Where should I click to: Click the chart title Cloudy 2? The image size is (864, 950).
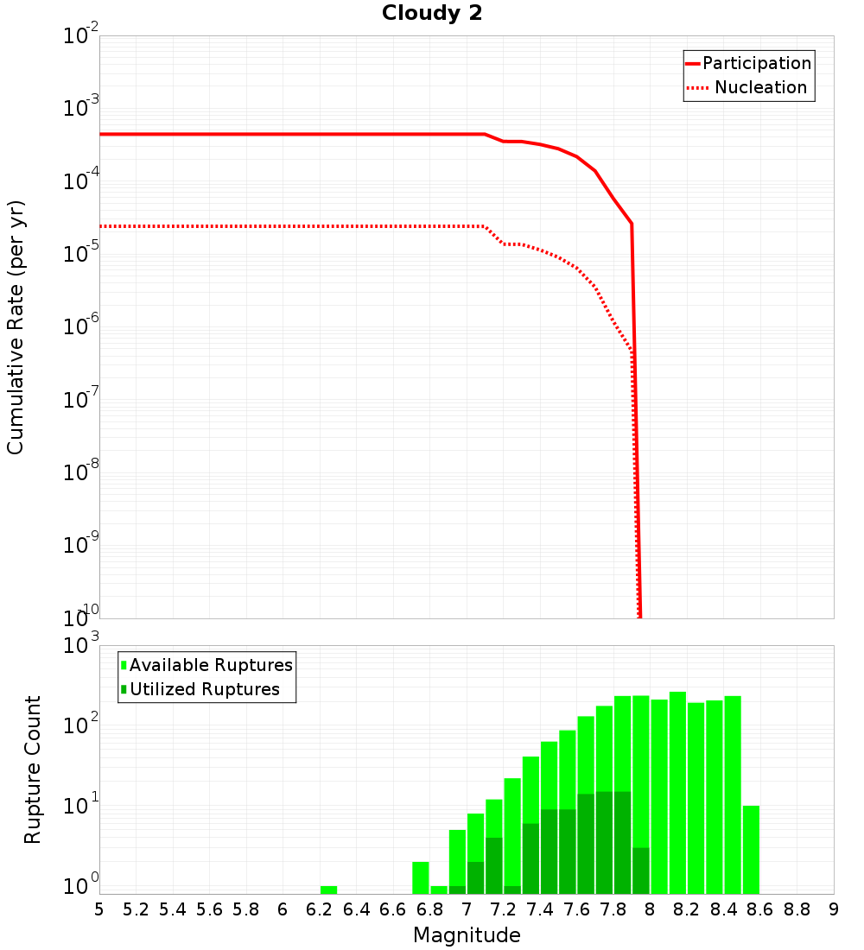pos(432,14)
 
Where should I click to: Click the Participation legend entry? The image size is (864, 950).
pos(757,63)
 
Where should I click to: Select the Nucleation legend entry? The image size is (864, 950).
pos(760,87)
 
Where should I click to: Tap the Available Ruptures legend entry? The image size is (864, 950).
pos(211,665)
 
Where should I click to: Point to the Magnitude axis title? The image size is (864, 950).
pos(467,935)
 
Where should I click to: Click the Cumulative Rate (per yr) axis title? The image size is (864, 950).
pos(16,327)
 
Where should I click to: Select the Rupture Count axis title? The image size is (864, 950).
pos(33,769)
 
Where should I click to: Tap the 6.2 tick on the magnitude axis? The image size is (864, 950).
pos(320,909)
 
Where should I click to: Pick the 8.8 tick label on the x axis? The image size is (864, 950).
pos(797,909)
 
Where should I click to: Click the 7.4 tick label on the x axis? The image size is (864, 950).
pos(540,909)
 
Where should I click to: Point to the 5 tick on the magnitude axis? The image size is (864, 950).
pos(99,909)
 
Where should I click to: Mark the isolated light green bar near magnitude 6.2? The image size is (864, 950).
pos(328,890)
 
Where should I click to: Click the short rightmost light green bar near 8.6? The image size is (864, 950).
pos(751,850)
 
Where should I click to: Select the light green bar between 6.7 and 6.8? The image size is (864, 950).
pos(421,877)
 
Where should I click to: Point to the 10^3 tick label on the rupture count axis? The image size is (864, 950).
pos(81,646)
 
